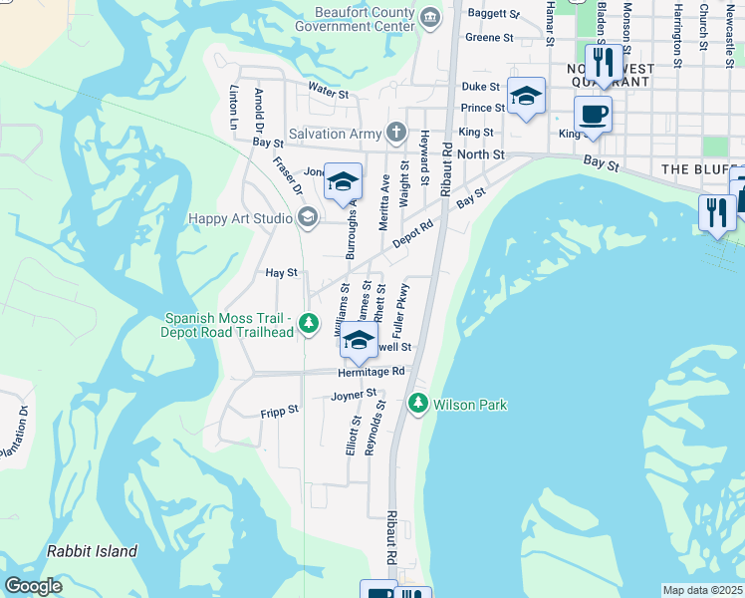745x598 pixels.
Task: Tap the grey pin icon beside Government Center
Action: coord(429,16)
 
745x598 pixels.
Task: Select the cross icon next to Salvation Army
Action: coord(396,133)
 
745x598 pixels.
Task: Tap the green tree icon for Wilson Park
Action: coord(418,404)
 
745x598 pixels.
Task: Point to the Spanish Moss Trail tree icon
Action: coord(310,323)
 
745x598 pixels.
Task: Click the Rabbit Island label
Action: coord(92,551)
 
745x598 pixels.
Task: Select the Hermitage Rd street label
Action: coord(371,371)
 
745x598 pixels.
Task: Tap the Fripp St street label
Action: coord(280,411)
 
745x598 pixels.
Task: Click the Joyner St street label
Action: coord(355,396)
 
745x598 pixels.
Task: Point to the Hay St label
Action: coord(281,272)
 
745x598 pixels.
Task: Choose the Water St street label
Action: coord(328,94)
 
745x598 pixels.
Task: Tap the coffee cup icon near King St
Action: coord(593,114)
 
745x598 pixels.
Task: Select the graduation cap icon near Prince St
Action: coord(526,96)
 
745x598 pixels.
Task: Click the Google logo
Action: coord(33,586)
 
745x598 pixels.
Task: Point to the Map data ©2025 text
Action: coord(701,590)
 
